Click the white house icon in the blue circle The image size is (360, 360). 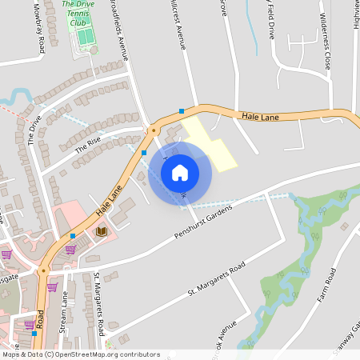tap(179, 173)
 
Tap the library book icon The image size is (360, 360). tap(101, 231)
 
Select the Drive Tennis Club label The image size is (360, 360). tap(78, 14)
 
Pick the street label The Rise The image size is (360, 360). tap(87, 144)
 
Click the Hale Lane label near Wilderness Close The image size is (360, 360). tap(259, 117)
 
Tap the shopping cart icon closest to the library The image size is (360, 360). tap(70, 249)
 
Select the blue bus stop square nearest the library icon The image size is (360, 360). tap(73, 236)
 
